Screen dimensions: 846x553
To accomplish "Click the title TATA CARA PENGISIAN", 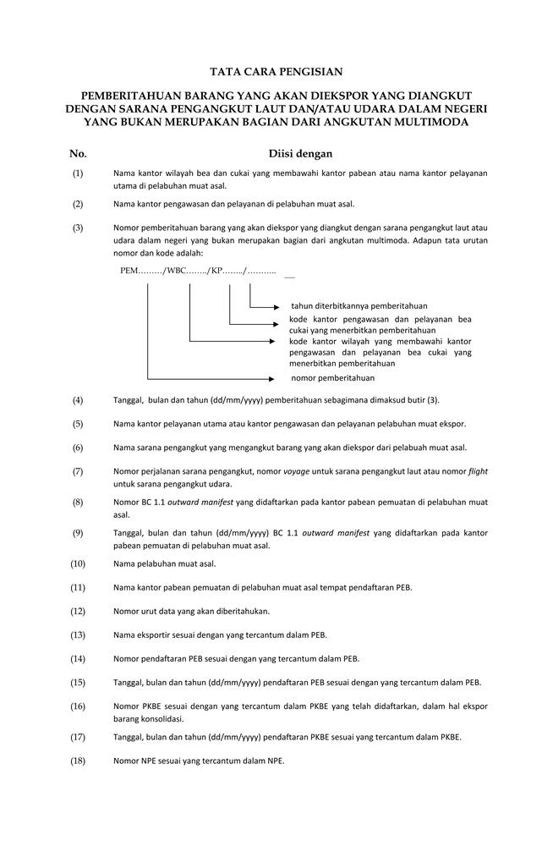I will pyautogui.click(x=276, y=73).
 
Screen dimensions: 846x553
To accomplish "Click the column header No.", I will pyautogui.click(x=78, y=154).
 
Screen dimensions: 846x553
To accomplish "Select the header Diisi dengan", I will pyautogui.click(x=300, y=154).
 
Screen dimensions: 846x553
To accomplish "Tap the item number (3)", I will pyautogui.click(x=78, y=228).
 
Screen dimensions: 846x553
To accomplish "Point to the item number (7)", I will pyautogui.click(x=78, y=471).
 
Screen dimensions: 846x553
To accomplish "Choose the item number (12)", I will pyautogui.click(x=78, y=611).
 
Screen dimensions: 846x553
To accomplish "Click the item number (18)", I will pyautogui.click(x=78, y=761).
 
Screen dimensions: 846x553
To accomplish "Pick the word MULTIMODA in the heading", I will pyautogui.click(x=426, y=123).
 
